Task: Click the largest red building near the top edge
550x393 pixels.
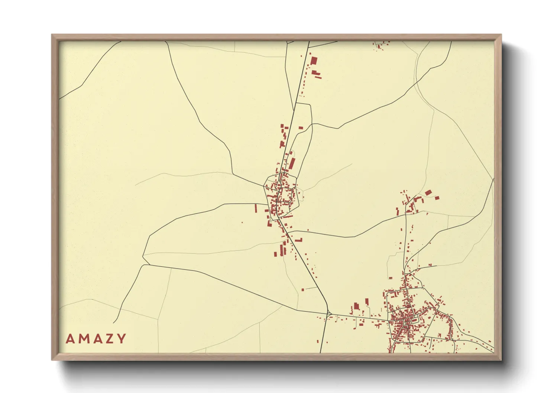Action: coord(314,61)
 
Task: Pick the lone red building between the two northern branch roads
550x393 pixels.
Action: coord(301,128)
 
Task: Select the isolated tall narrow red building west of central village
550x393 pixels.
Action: coord(256,208)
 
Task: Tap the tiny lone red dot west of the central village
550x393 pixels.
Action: coord(242,223)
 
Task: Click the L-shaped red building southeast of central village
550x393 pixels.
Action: coord(298,240)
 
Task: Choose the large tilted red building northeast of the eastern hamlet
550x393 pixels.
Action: coord(428,192)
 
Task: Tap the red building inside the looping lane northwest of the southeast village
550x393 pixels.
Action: coord(390,277)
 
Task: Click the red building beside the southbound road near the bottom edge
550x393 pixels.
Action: coord(318,341)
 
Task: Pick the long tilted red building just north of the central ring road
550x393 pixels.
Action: coord(292,163)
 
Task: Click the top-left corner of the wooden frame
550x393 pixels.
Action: coord(52,35)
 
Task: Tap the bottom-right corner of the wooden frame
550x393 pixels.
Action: coord(501,360)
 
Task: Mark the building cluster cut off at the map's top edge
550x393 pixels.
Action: coord(381,45)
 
